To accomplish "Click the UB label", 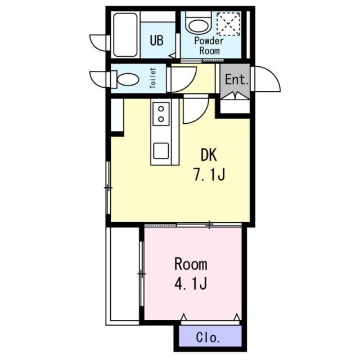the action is point(157,40).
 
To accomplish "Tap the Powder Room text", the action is point(209,46).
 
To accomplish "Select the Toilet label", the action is point(152,78).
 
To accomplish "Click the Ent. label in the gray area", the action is point(237,79).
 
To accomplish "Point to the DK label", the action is point(209,155).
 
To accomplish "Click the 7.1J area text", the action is point(209,175).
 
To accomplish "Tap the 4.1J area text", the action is point(191,283).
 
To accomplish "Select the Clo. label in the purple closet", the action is point(208,337).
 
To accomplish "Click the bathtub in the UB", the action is point(125,35).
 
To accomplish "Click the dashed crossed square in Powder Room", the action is point(229,24).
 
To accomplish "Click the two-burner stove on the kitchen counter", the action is point(161,114).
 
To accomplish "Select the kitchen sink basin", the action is point(161,151).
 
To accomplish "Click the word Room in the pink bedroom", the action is point(191,264).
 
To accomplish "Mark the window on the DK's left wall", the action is point(109,188).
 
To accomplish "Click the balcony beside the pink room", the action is point(123,276).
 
